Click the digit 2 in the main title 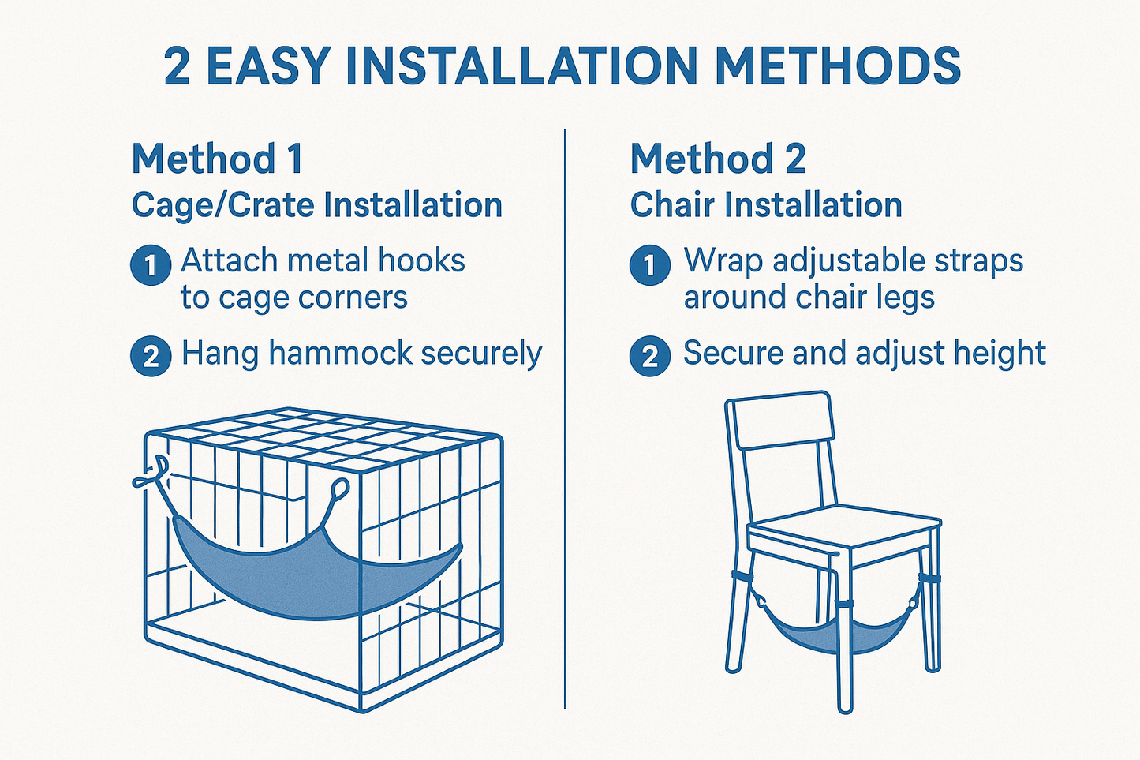coord(178,66)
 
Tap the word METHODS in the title coord(837,66)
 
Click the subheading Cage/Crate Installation coord(316,205)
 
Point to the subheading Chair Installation coord(765,205)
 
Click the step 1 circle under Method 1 coord(150,265)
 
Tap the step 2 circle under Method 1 coord(150,356)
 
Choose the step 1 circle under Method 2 coord(649,265)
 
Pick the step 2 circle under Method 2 coord(649,356)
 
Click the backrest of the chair coord(779,421)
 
